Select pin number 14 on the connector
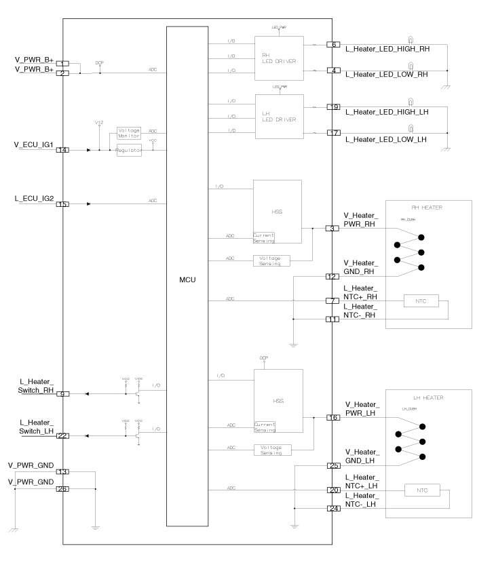point(62,150)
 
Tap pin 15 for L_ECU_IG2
point(62,203)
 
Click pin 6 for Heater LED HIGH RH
point(332,45)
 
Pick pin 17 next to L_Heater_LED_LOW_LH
point(332,132)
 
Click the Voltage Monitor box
point(129,133)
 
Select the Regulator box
point(129,151)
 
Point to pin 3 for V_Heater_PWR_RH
point(332,229)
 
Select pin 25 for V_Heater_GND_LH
point(332,466)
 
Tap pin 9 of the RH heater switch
point(62,393)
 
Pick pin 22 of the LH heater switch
point(62,435)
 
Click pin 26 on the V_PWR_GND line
point(62,488)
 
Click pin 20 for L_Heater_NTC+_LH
point(332,490)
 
